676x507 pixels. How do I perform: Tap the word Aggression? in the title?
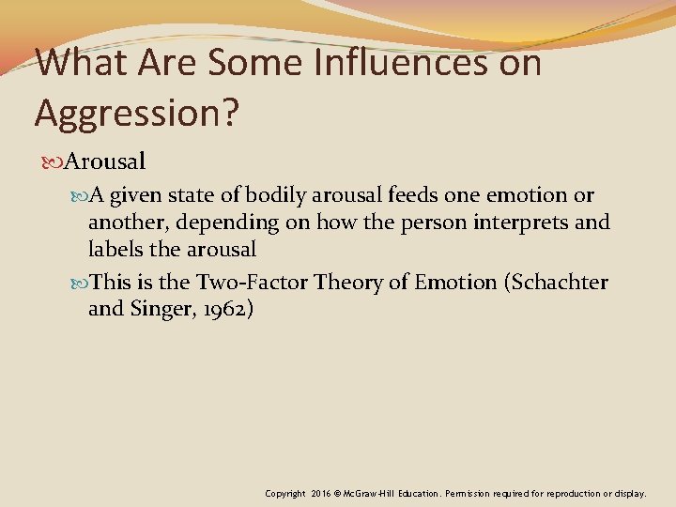pos(137,112)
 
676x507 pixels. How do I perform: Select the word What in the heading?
pos(85,63)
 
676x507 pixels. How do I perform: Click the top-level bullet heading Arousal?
pos(105,161)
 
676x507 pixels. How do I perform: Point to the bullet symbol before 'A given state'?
pos(78,195)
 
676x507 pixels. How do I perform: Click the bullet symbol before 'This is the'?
pos(78,282)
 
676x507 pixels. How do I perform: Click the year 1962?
pos(223,308)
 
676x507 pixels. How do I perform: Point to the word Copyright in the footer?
pos(285,493)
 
